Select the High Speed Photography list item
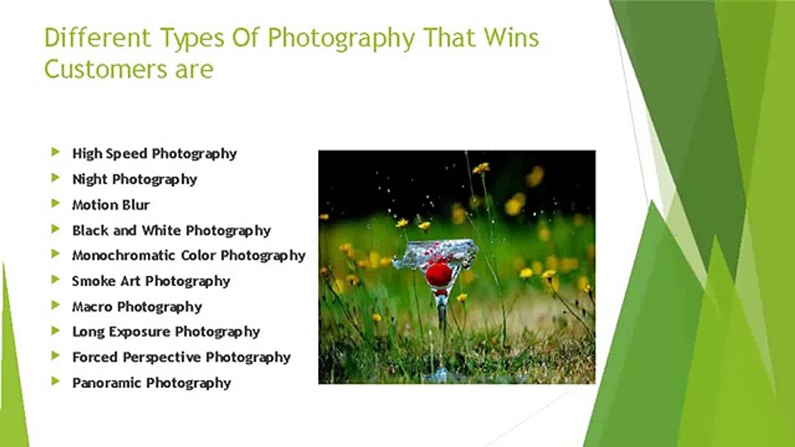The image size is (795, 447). point(155,153)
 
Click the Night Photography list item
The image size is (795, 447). point(135,179)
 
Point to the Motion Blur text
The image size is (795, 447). point(111,204)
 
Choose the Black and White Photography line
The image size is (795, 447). point(171,230)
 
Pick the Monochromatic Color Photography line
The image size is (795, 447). point(189,255)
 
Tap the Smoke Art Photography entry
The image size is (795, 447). point(151,281)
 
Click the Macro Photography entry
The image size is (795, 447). point(137,306)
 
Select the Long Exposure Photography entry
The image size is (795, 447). point(166,332)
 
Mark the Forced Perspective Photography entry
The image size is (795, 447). point(181,357)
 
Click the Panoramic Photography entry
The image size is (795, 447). point(152,382)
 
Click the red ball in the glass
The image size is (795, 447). point(439,274)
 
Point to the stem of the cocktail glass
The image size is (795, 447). point(442,317)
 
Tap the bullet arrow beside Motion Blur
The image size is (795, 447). point(56,203)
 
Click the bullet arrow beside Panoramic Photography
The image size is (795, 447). point(56,381)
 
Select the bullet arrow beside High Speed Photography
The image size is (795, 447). point(56,152)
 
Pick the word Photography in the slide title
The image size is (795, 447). point(340,38)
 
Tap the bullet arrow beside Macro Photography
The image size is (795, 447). point(56,305)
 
